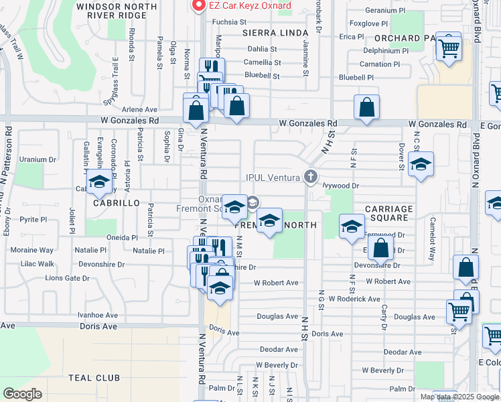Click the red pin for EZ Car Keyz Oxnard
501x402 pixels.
click(198, 6)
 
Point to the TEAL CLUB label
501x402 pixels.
click(94, 378)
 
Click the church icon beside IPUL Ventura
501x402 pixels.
click(310, 177)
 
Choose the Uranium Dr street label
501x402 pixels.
click(37, 159)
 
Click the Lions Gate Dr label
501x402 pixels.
click(67, 278)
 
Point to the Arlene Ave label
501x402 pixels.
click(139, 109)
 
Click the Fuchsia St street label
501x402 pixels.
click(211, 21)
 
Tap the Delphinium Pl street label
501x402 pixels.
click(386, 50)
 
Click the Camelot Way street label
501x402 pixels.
click(433, 230)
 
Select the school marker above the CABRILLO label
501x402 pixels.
click(99, 183)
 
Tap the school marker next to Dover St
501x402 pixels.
click(421, 165)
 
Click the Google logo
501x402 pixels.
click(22, 394)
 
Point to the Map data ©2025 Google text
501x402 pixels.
click(459, 397)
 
